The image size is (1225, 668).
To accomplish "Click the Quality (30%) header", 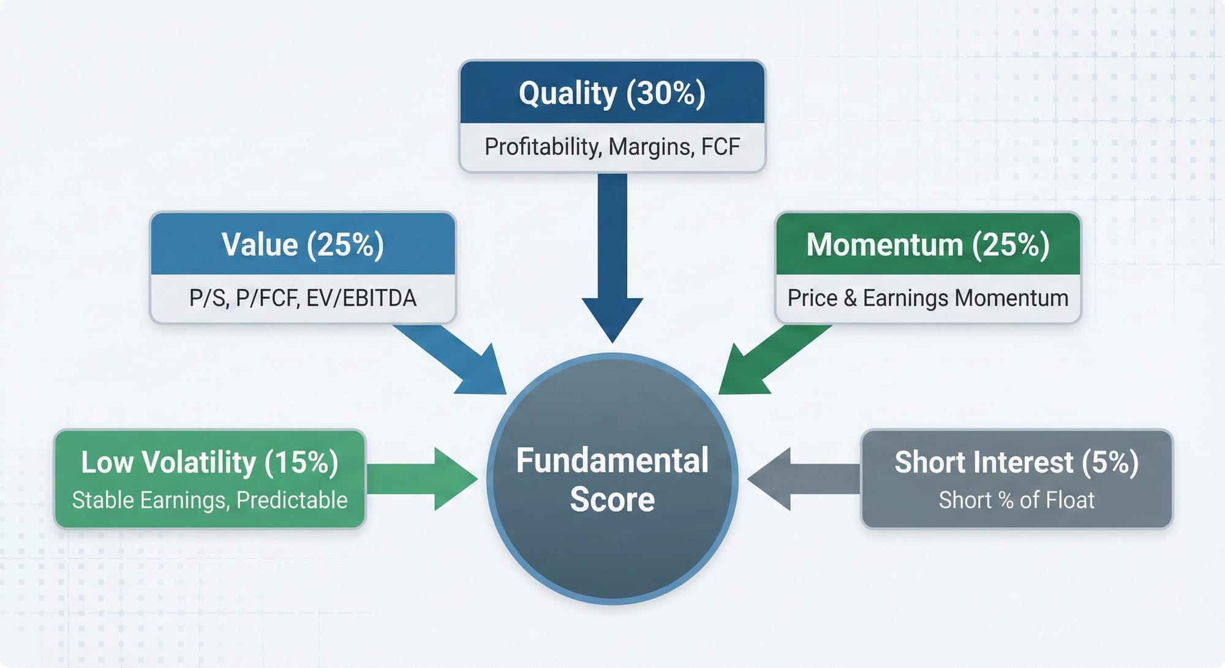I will (x=612, y=93).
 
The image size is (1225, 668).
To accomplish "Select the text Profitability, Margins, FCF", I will (x=612, y=147).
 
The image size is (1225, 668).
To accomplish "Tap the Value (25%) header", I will (x=303, y=244).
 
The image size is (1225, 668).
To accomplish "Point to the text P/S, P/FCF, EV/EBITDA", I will (x=303, y=298).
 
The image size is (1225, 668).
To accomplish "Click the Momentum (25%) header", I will (x=928, y=244).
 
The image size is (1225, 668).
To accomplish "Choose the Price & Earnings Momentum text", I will (x=928, y=298).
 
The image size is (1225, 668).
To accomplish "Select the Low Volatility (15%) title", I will (x=209, y=462).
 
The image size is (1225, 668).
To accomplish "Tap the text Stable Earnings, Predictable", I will (x=209, y=500).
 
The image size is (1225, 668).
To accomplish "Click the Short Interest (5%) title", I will (x=1016, y=462).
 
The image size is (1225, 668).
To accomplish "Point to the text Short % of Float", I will (x=1016, y=500).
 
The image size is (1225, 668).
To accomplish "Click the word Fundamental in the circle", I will (x=612, y=460).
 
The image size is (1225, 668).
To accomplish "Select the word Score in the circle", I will (x=612, y=499).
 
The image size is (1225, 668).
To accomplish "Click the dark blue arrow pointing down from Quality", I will (x=612, y=257).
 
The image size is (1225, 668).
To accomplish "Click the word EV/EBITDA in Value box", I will (x=361, y=298).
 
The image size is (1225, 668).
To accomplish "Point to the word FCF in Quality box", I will (x=720, y=147).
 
